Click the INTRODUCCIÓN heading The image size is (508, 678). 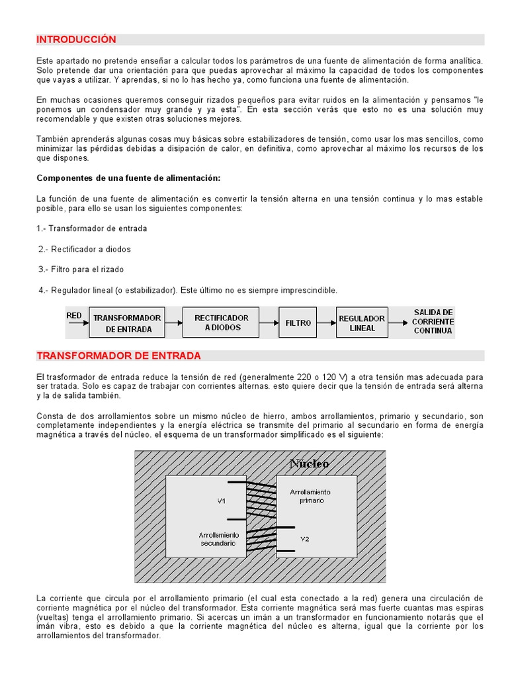click(x=76, y=40)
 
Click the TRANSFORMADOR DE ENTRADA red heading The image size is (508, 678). click(x=118, y=356)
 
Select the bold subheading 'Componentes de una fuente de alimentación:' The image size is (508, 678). click(x=128, y=178)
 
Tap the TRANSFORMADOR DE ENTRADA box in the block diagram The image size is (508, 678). click(x=127, y=323)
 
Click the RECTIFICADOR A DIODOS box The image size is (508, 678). click(x=221, y=322)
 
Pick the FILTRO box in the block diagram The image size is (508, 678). click(x=298, y=323)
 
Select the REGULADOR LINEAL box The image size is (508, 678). click(x=361, y=323)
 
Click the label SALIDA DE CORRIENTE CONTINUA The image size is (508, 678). click(x=433, y=321)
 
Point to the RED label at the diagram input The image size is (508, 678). click(x=74, y=316)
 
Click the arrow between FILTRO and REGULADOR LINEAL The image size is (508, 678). click(x=327, y=323)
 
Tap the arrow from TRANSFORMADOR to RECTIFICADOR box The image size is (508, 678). click(x=173, y=323)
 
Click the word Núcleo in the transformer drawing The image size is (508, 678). click(x=309, y=463)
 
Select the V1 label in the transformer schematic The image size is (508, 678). click(x=222, y=501)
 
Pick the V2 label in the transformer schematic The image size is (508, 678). click(x=304, y=538)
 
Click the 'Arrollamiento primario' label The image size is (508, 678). click(x=310, y=497)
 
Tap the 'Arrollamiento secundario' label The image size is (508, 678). click(x=218, y=538)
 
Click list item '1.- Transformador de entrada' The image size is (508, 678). click(x=92, y=228)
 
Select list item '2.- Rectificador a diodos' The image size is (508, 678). click(x=85, y=249)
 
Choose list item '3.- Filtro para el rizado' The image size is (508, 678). click(x=81, y=269)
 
